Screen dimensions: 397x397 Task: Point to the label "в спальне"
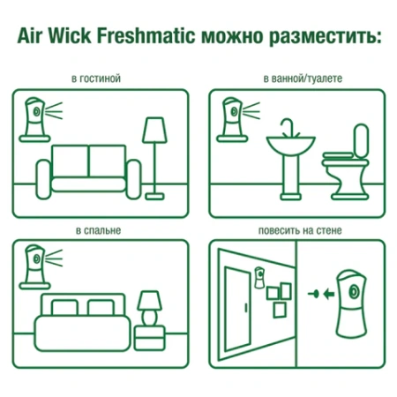click(x=98, y=230)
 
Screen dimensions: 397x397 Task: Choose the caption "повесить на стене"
click(x=301, y=230)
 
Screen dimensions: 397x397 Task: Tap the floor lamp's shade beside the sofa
click(x=154, y=130)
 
